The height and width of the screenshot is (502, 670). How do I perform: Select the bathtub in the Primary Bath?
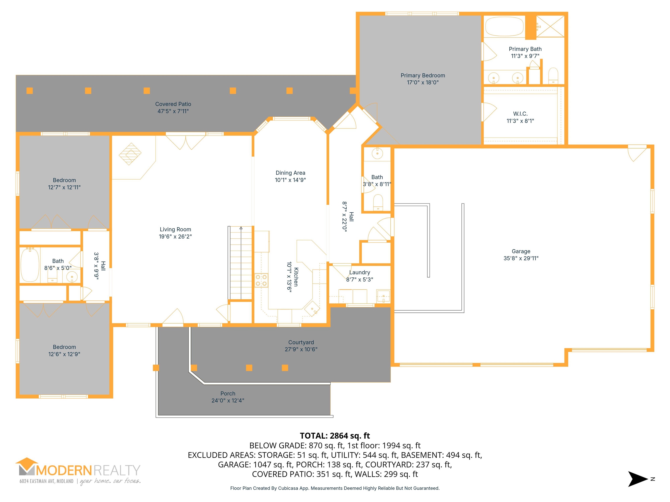pyautogui.click(x=504, y=27)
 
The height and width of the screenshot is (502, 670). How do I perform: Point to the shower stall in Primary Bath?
pyautogui.click(x=550, y=26)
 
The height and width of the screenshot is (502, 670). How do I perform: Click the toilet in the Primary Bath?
pyautogui.click(x=553, y=75)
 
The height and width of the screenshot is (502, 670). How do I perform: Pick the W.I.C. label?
pyautogui.click(x=520, y=114)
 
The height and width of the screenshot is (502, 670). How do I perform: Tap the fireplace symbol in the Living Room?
pyautogui.click(x=130, y=154)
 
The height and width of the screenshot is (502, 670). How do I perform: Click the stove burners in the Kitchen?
pyautogui.click(x=261, y=280)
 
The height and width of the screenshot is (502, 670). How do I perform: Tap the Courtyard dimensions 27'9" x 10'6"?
pyautogui.click(x=301, y=349)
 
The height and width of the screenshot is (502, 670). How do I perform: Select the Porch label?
pyautogui.click(x=228, y=393)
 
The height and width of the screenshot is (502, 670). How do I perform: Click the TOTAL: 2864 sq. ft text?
pyautogui.click(x=335, y=436)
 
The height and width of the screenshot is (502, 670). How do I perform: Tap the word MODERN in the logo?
pyautogui.click(x=64, y=471)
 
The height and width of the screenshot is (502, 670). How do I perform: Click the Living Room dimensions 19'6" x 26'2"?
pyautogui.click(x=175, y=236)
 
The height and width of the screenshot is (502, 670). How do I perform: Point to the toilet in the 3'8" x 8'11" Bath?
pyautogui.click(x=378, y=202)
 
